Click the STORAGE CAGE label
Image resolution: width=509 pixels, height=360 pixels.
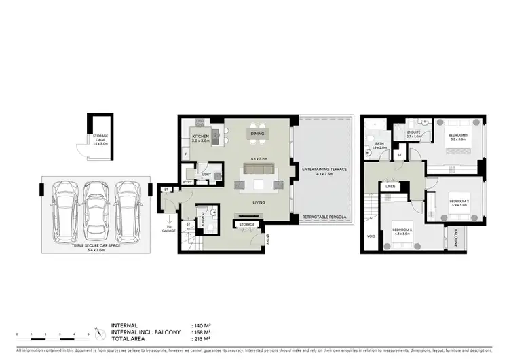[x=100, y=138]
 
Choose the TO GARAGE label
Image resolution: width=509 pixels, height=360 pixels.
[x=169, y=229]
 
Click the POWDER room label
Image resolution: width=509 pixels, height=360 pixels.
[x=203, y=219]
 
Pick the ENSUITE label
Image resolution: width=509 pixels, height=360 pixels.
[x=414, y=133]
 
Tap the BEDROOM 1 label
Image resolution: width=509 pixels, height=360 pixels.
[x=460, y=136]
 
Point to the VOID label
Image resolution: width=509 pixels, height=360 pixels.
[x=370, y=237]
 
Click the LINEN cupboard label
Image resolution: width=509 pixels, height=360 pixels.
[x=392, y=185]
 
